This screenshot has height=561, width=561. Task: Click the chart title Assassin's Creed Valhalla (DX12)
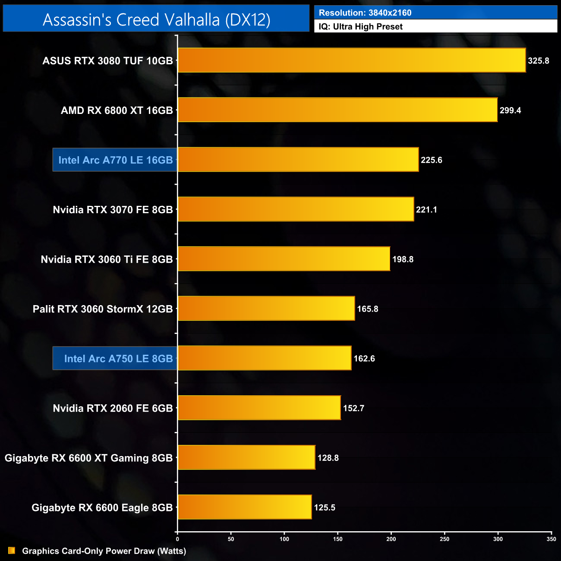click(x=156, y=19)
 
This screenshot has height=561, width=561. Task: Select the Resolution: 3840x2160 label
click(x=365, y=13)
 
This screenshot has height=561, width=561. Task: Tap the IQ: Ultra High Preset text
click(x=360, y=27)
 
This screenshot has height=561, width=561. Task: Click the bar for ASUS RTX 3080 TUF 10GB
click(x=352, y=60)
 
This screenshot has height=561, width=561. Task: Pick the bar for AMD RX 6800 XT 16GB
click(x=337, y=110)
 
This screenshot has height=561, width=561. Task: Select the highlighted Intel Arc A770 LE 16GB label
click(x=115, y=160)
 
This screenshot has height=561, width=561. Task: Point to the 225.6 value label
click(x=432, y=160)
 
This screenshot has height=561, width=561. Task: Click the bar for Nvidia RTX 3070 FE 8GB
click(x=296, y=209)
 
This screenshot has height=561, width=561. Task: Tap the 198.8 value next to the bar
click(x=403, y=259)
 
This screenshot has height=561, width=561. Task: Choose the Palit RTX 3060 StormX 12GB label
click(x=103, y=309)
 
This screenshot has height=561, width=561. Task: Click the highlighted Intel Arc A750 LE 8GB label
click(x=118, y=359)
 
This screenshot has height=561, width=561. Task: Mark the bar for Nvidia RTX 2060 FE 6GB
click(x=259, y=408)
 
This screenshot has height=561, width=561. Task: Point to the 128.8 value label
click(x=328, y=458)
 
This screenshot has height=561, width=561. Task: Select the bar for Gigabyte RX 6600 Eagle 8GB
click(x=245, y=507)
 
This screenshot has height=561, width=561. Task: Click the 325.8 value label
click(x=539, y=61)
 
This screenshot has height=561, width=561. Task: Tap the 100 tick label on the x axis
click(x=284, y=539)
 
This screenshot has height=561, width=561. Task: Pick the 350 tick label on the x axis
click(x=551, y=539)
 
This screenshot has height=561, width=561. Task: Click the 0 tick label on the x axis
click(x=177, y=539)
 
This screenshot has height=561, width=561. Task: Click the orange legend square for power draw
click(x=12, y=551)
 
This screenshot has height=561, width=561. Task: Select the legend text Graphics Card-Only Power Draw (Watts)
click(x=104, y=551)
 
